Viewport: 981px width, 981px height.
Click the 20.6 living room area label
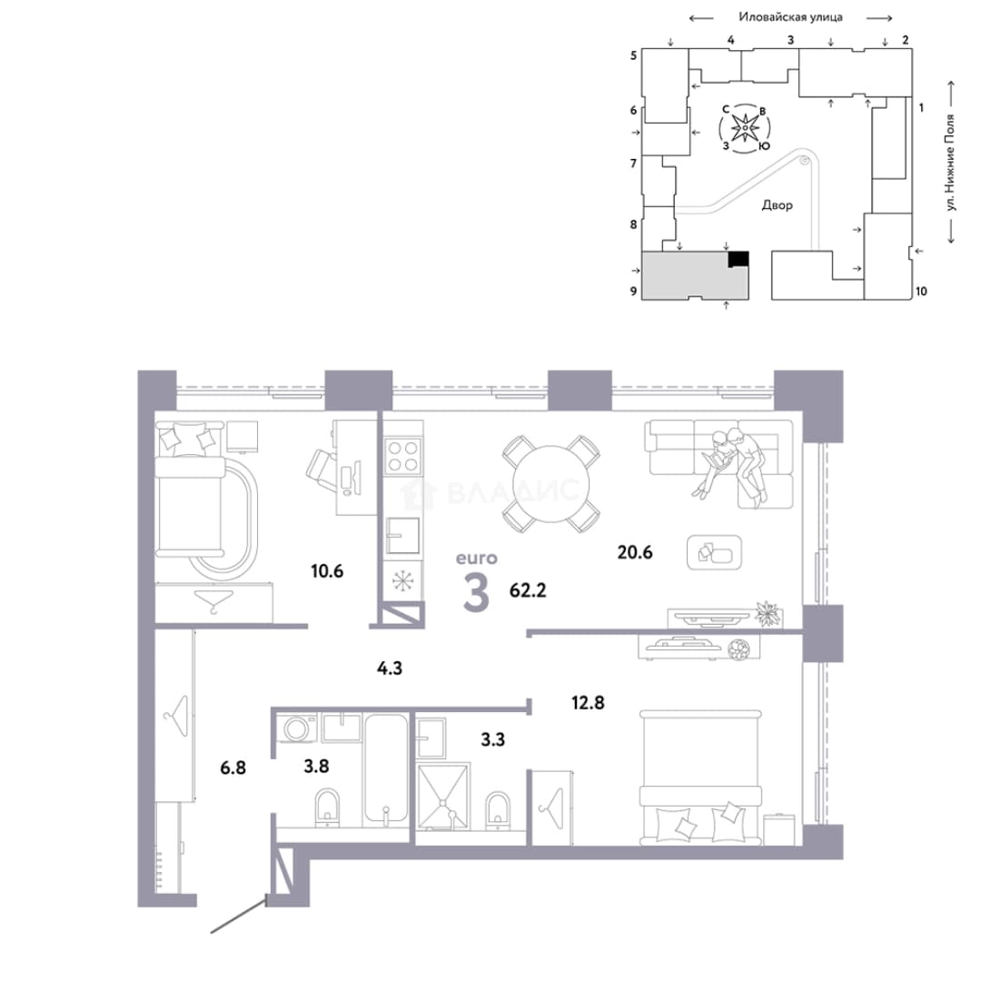(x=634, y=552)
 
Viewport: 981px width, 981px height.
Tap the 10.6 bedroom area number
(x=327, y=570)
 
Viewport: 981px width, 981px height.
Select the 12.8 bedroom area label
(x=588, y=702)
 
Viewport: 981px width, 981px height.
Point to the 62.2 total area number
(x=528, y=590)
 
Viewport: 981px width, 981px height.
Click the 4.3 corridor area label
(x=389, y=669)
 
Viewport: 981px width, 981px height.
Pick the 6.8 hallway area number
(x=233, y=767)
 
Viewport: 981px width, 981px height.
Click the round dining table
(x=550, y=483)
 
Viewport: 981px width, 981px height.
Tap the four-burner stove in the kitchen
(x=403, y=455)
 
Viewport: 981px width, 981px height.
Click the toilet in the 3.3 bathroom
(x=498, y=810)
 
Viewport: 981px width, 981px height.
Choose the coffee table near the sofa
(x=714, y=552)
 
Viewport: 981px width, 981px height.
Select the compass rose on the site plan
(x=745, y=128)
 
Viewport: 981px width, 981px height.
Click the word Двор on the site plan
(x=777, y=204)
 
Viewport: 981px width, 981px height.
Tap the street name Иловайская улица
(x=790, y=17)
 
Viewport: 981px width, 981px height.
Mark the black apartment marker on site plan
(x=738, y=259)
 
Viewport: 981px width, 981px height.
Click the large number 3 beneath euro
(x=476, y=592)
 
